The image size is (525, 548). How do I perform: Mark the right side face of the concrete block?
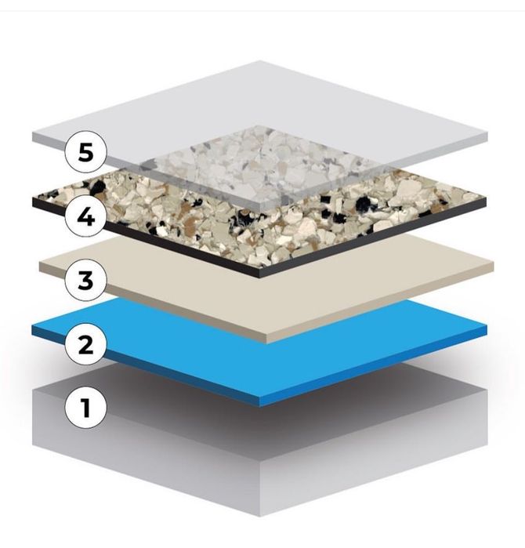[x=376, y=463]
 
